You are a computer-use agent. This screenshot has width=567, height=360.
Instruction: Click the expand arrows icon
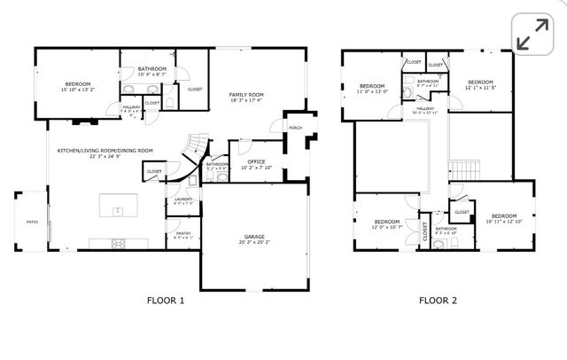(x=532, y=37)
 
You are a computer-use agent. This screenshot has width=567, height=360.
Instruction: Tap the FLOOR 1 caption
(x=165, y=301)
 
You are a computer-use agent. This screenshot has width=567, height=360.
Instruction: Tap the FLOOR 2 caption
(x=438, y=301)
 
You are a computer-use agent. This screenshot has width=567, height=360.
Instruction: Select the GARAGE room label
(x=255, y=239)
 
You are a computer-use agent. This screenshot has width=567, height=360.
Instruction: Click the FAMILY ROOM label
(x=247, y=96)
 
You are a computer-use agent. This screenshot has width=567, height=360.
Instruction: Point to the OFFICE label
(x=256, y=162)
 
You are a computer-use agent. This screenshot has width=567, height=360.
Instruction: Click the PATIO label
(x=32, y=222)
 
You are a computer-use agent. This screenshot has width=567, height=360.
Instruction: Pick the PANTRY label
(x=183, y=235)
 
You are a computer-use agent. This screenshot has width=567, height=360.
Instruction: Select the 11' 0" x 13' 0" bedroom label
(x=373, y=89)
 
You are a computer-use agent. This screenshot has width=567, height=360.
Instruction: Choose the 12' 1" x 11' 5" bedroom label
(x=480, y=84)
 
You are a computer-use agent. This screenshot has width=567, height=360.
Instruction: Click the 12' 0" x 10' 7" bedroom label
(x=386, y=223)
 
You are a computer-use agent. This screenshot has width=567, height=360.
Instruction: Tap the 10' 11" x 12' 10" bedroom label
(x=503, y=218)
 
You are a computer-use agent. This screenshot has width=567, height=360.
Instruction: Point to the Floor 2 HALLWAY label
(x=426, y=108)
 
